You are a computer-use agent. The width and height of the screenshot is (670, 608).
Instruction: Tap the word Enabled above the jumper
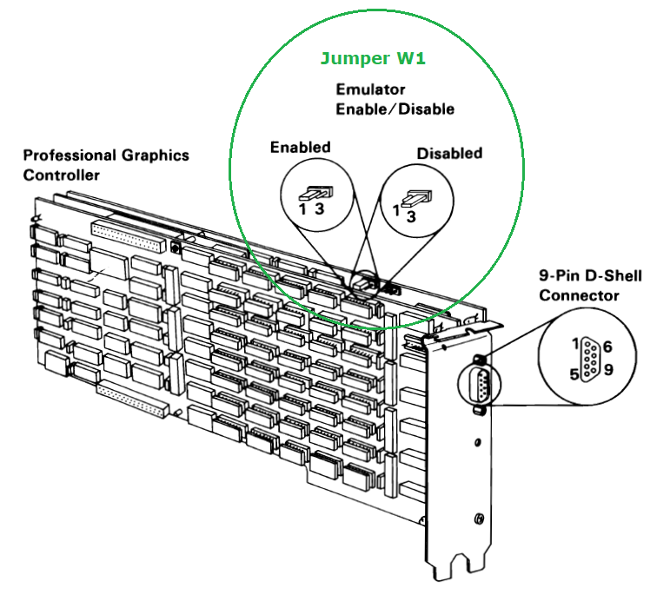click(x=300, y=147)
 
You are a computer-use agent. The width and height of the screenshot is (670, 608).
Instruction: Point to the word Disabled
click(x=449, y=154)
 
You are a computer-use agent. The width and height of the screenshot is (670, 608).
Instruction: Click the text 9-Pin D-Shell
click(x=590, y=276)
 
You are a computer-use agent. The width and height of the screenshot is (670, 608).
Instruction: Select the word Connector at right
click(x=580, y=295)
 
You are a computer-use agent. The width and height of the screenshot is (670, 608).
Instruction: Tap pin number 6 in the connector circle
click(x=607, y=347)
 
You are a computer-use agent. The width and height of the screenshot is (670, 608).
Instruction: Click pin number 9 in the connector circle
click(x=607, y=370)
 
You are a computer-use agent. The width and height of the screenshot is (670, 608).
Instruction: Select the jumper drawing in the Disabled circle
click(x=414, y=199)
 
